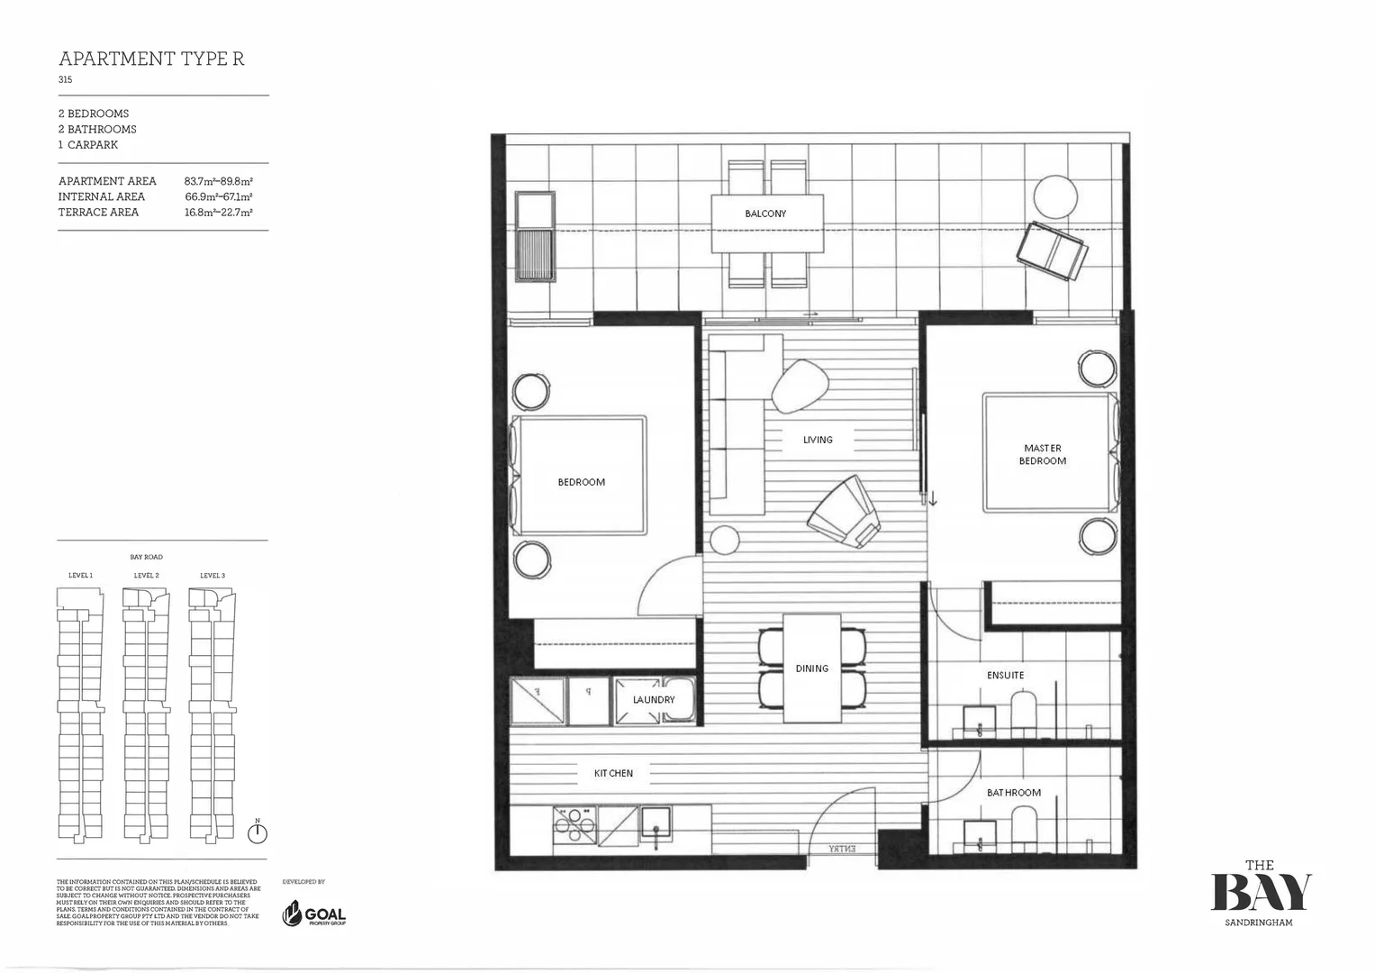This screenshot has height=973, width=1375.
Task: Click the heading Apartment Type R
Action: click(151, 59)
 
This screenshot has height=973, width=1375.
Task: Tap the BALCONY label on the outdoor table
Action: click(765, 214)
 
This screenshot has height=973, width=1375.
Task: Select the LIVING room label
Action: click(818, 440)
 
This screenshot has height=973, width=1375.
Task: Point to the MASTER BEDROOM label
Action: click(1042, 454)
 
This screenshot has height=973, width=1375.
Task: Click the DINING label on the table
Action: click(811, 668)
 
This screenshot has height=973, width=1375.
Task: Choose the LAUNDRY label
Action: click(653, 700)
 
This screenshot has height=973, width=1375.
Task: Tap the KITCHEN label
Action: click(613, 773)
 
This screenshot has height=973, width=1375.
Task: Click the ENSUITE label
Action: click(1005, 675)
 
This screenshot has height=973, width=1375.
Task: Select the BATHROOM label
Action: click(1013, 793)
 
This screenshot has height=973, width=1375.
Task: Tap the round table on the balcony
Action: click(1054, 196)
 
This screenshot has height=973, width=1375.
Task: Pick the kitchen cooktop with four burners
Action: click(574, 824)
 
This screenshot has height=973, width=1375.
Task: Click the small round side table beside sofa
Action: click(724, 540)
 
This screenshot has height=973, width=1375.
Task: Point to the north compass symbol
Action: click(258, 832)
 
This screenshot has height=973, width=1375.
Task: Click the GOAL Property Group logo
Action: click(314, 914)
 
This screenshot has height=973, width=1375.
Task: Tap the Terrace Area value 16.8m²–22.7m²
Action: click(218, 213)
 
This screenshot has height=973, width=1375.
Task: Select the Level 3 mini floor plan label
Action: click(213, 575)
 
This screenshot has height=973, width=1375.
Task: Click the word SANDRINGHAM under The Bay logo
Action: click(1259, 923)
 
